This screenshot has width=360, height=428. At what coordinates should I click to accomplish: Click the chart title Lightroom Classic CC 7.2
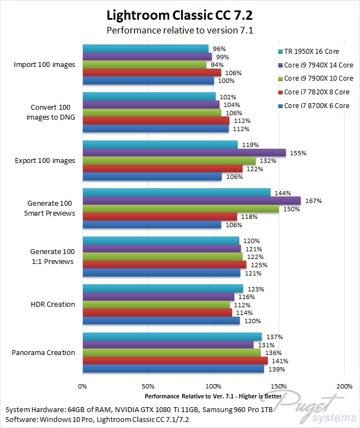pyautogui.click(x=179, y=14)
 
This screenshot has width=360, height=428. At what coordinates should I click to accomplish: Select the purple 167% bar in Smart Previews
pyautogui.click(x=192, y=200)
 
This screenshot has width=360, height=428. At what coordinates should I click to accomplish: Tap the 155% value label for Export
pyautogui.click(x=296, y=153)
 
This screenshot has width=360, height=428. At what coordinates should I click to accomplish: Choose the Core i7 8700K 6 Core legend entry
pyautogui.click(x=313, y=105)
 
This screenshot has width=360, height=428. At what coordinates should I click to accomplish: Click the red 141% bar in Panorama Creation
pyautogui.click(x=175, y=361)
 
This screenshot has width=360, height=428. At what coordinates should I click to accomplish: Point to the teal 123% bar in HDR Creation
pyautogui.click(x=163, y=289)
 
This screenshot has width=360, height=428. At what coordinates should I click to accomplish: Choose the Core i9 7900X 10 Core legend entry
pyautogui.click(x=313, y=78)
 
